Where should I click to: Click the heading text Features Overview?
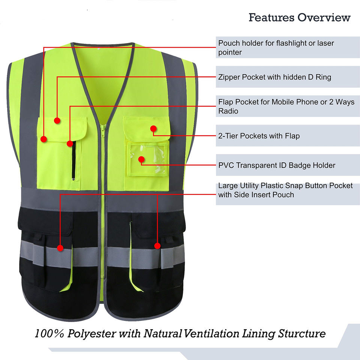[x=299, y=17]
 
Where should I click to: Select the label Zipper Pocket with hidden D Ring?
[x=275, y=77]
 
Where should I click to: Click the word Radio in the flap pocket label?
[x=228, y=111]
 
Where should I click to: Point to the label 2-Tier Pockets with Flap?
[x=259, y=136]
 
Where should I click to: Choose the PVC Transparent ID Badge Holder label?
[x=277, y=165]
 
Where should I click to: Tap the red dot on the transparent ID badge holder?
[x=141, y=159]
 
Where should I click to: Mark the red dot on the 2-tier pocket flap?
[x=153, y=129]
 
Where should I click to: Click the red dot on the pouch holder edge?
[x=43, y=139]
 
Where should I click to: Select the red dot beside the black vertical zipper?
[x=70, y=143]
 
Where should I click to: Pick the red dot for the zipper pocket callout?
[x=57, y=121]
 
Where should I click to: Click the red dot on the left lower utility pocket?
[x=60, y=247]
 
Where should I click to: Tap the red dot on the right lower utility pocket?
[x=157, y=246]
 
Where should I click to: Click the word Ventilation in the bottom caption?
[x=211, y=334]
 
